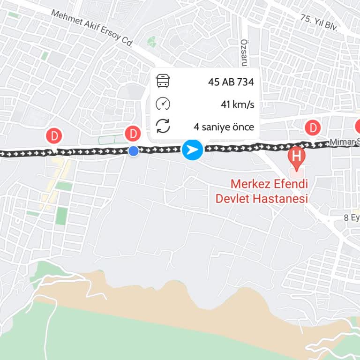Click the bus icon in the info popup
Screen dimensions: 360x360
coord(163,82)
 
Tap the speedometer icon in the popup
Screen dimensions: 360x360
coord(163,104)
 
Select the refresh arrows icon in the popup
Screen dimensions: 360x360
coord(163,126)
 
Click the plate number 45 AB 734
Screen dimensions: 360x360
coord(231,82)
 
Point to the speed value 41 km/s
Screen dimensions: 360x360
coord(237,104)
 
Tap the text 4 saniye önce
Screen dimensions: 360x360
coord(224,127)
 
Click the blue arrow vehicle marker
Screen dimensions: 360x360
coord(192,150)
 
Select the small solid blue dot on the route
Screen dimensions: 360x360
coord(134,151)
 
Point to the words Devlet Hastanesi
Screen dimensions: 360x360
coord(261,198)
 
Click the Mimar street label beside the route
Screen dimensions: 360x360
coord(345,142)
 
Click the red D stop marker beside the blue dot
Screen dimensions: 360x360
coord(134,134)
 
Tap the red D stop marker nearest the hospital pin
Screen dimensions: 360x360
coord(312,127)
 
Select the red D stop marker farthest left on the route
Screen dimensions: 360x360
coord(55,136)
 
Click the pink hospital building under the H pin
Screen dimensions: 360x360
coord(297,172)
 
